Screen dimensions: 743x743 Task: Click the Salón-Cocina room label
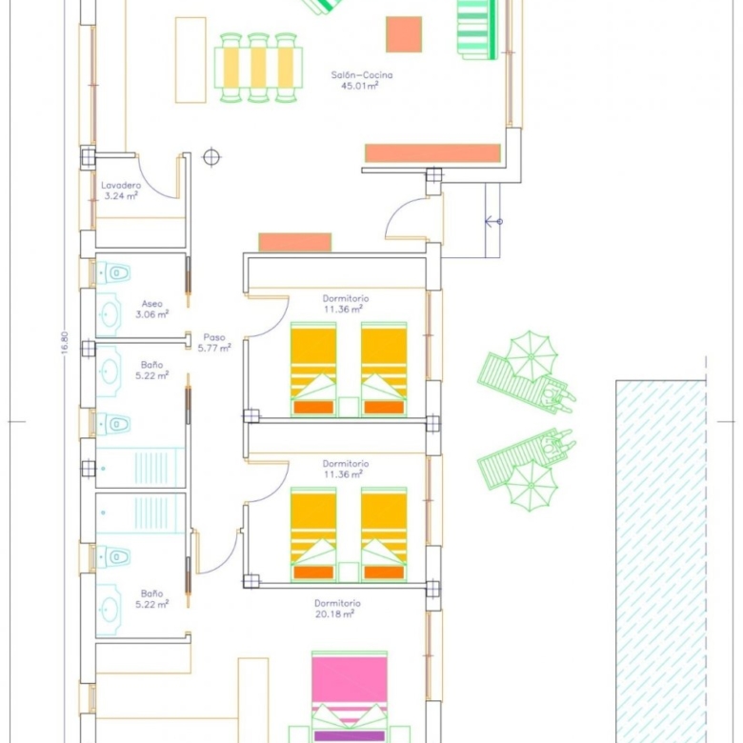click(x=362, y=75)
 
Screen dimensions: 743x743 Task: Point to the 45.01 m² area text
click(x=360, y=86)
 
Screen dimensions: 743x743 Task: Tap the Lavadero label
click(x=121, y=186)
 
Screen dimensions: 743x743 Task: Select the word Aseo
click(x=152, y=304)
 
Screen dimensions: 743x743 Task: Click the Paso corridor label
click(x=214, y=337)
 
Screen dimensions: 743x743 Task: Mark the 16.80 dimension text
click(x=65, y=342)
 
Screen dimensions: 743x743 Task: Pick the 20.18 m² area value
click(x=334, y=614)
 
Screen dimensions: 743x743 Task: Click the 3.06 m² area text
click(x=152, y=314)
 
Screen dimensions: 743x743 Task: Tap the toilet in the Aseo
click(x=113, y=273)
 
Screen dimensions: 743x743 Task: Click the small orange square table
click(x=404, y=34)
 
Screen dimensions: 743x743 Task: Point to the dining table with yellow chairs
click(x=258, y=68)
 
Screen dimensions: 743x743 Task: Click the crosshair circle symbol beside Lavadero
click(x=211, y=157)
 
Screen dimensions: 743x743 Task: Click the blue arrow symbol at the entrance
click(x=493, y=221)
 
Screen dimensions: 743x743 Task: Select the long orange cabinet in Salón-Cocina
click(x=432, y=153)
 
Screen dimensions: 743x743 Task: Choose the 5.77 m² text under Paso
click(x=214, y=349)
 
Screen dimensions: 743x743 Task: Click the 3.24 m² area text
click(x=121, y=195)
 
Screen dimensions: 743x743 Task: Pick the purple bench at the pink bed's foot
click(x=350, y=736)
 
